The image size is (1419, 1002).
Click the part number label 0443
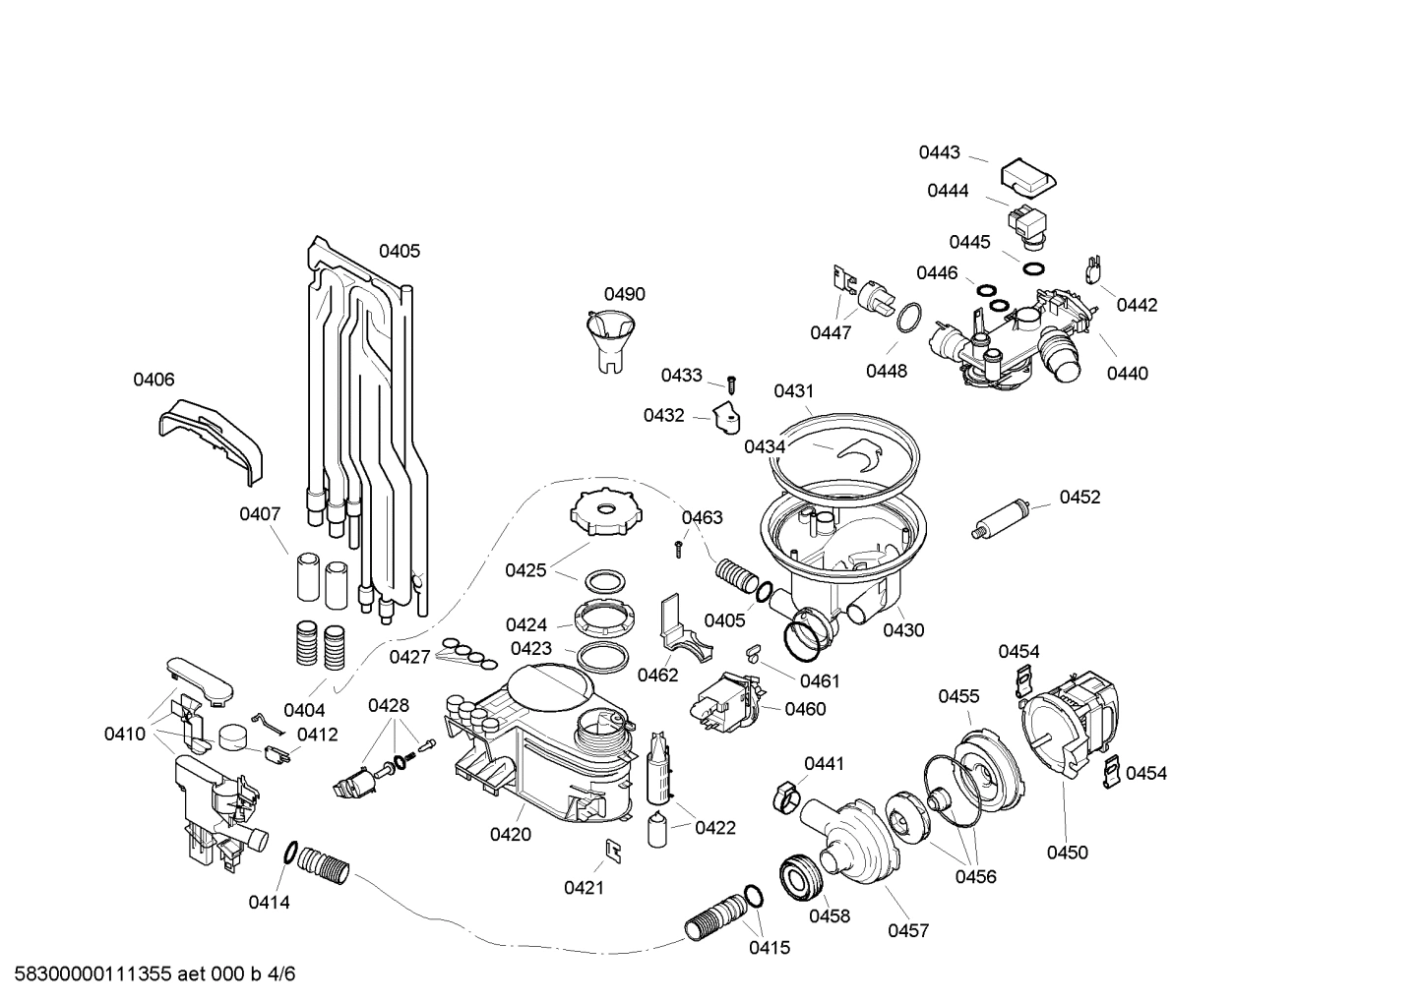[x=939, y=152]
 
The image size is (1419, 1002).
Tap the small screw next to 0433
[x=731, y=382]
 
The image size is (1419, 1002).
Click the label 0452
[x=1080, y=498]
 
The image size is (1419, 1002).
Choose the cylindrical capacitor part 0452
[x=1000, y=517]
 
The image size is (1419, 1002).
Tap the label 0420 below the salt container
[x=510, y=835]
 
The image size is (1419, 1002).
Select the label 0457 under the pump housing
[x=907, y=930]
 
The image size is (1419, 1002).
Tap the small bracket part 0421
[x=612, y=851]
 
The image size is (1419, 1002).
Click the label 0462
[x=657, y=675]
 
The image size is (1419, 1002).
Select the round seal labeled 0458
[x=801, y=877]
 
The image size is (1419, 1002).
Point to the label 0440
[x=1127, y=374]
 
